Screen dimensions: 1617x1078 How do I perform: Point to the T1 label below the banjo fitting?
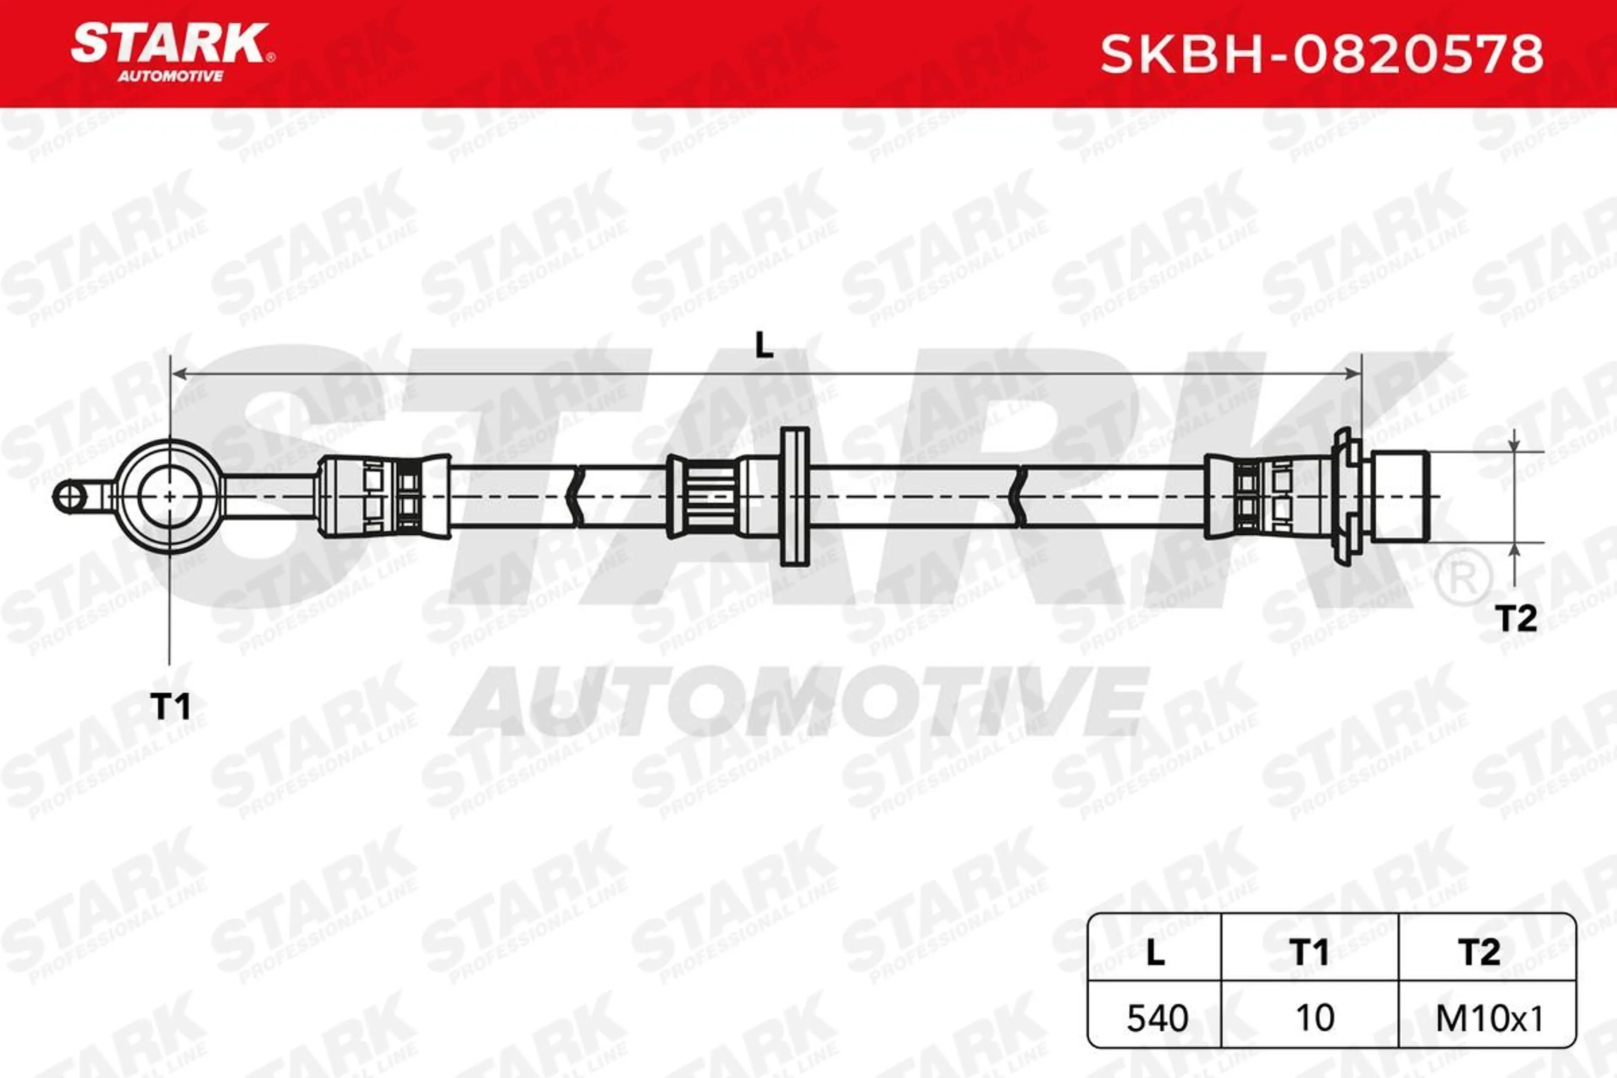170,706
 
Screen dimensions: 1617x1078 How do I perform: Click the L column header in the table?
1155,952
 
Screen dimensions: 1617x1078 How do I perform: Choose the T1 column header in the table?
1310,952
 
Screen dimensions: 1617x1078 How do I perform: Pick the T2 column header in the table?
1479,952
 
